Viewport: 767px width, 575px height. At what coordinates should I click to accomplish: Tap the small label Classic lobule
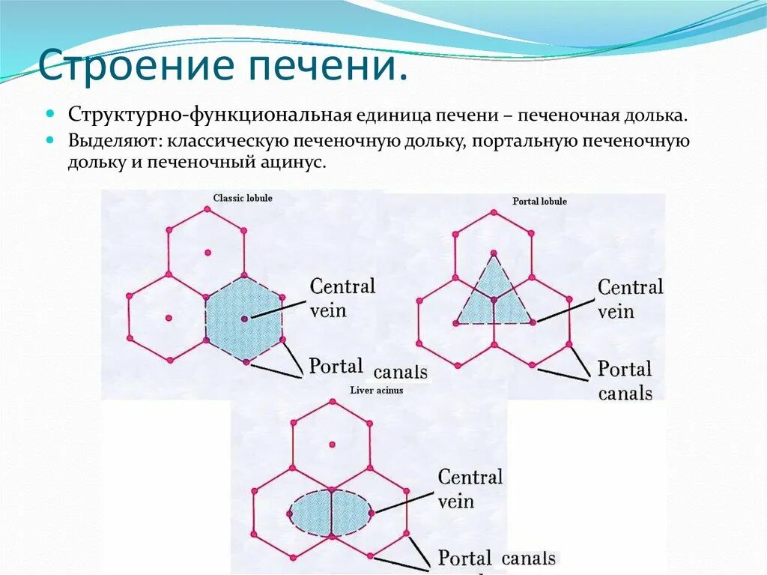pyautogui.click(x=243, y=199)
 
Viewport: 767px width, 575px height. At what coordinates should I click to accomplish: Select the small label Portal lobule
pyautogui.click(x=539, y=202)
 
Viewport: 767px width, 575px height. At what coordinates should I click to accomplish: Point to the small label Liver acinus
pyautogui.click(x=377, y=391)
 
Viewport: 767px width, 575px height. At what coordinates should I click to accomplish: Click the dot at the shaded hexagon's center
pyautogui.click(x=245, y=319)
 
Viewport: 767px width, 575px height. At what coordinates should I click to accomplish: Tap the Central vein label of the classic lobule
pyautogui.click(x=342, y=297)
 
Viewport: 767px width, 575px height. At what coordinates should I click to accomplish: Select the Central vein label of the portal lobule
pyautogui.click(x=630, y=298)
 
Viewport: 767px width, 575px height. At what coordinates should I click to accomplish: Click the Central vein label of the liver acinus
pyautogui.click(x=470, y=488)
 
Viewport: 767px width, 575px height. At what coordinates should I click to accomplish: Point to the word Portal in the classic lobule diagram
pyautogui.click(x=336, y=367)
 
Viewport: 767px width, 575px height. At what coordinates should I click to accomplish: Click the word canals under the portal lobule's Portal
pyautogui.click(x=625, y=393)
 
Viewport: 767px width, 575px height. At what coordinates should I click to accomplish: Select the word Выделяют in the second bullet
pyautogui.click(x=115, y=140)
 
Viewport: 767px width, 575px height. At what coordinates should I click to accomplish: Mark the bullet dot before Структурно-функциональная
pyautogui.click(x=51, y=115)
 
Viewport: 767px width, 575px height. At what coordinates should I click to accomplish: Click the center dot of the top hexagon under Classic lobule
pyautogui.click(x=207, y=253)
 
